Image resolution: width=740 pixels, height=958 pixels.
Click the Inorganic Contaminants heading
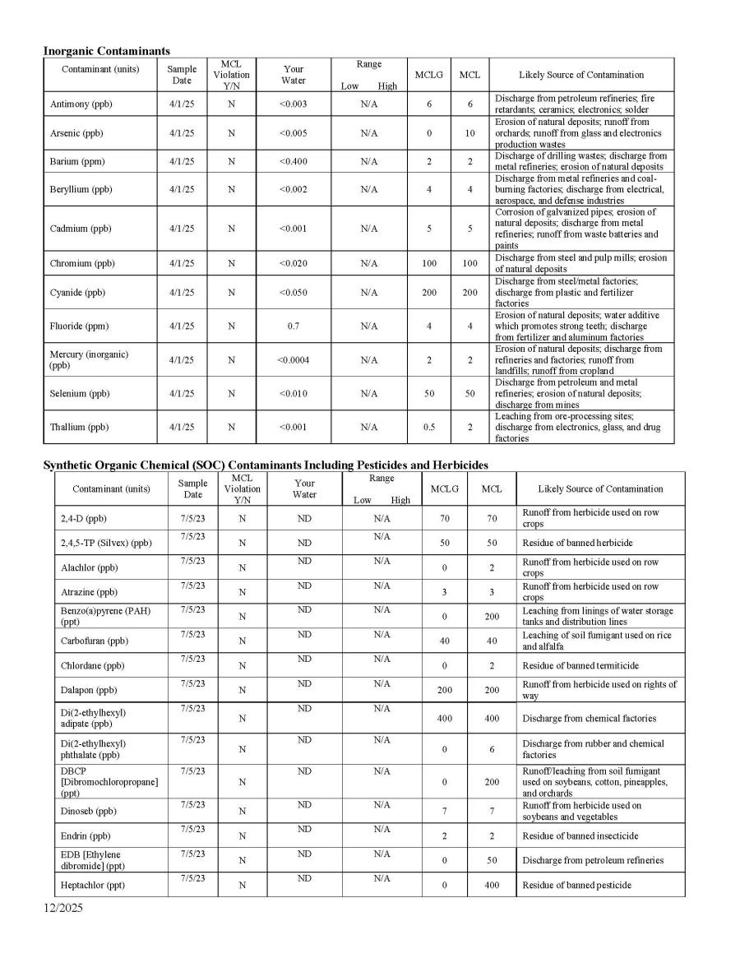tap(107, 51)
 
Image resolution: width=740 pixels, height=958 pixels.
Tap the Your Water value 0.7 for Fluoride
tap(294, 326)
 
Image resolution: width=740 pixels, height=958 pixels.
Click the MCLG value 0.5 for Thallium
tap(429, 427)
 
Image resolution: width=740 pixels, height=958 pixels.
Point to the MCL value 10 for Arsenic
tap(469, 132)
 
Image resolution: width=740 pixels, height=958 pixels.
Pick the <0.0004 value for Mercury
tap(294, 359)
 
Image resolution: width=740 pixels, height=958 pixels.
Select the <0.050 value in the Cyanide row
tap(294, 292)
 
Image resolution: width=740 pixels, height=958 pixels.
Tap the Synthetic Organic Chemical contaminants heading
tap(265, 465)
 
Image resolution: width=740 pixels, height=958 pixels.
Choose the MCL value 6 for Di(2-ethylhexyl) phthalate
tap(492, 749)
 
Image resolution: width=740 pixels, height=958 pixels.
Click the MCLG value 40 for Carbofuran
tap(445, 641)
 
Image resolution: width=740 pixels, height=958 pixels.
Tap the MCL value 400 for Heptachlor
tap(492, 885)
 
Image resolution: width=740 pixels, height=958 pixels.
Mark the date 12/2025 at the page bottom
tap(63, 909)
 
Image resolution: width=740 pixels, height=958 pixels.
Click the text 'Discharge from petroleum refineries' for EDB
tap(593, 860)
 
